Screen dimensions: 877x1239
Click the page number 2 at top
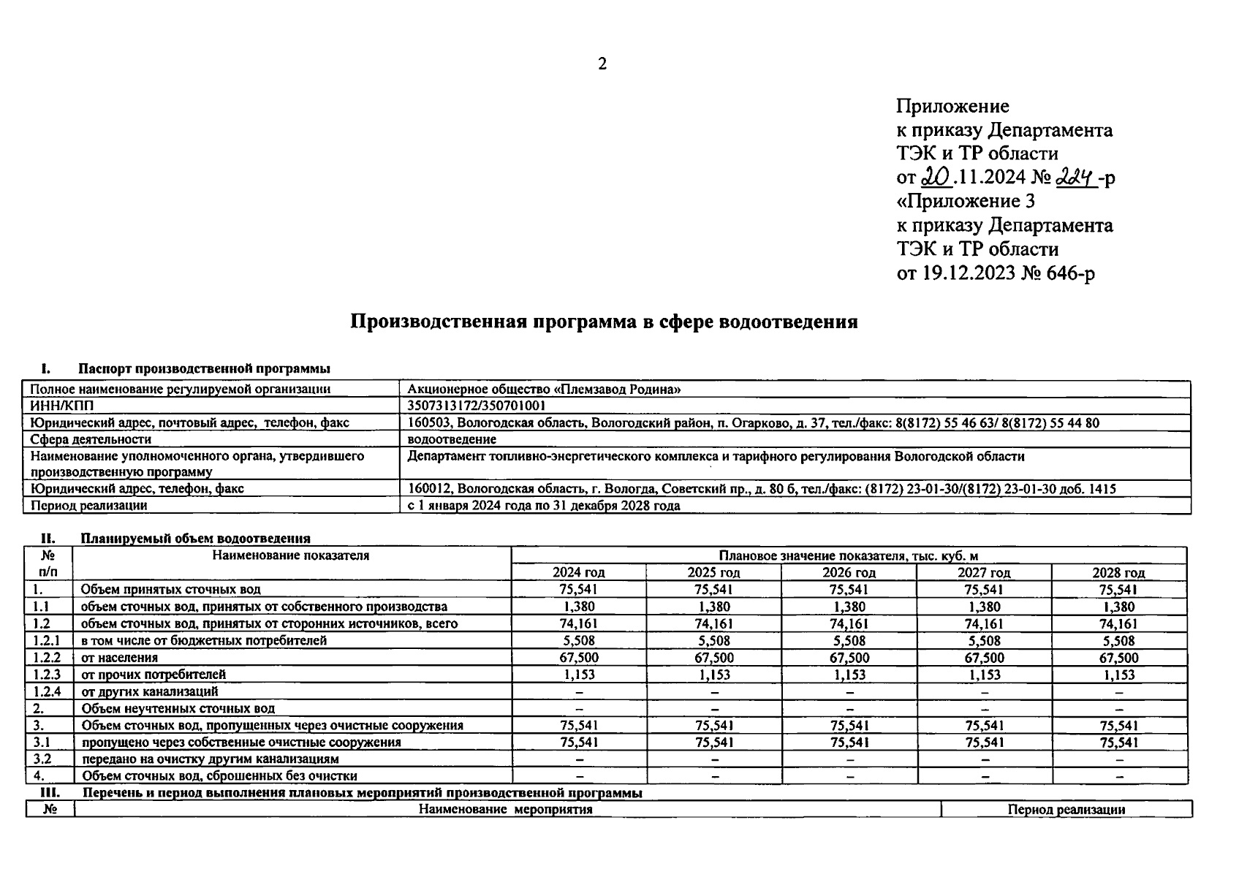pos(602,64)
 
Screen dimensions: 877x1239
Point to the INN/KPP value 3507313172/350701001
pos(477,406)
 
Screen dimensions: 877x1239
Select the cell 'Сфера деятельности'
pos(91,439)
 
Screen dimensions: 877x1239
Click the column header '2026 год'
pos(849,572)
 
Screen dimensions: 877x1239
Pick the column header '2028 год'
pos(1118,572)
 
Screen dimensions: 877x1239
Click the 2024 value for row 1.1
pos(580,607)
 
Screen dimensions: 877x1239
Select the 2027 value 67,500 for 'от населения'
pos(984,658)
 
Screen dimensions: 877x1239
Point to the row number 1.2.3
pos(48,675)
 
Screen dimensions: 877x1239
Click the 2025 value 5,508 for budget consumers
pos(714,641)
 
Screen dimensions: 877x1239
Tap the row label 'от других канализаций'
pos(149,691)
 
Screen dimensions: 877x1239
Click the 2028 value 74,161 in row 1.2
pos(1118,623)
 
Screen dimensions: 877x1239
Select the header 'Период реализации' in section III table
pos(1066,809)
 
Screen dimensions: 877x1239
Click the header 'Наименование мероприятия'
pos(506,809)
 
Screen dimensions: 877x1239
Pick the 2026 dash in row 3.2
pos(849,759)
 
